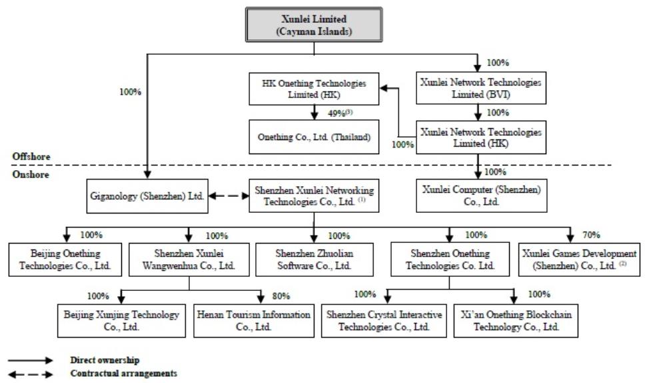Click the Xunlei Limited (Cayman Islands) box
click(314, 25)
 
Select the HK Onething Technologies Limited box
click(314, 89)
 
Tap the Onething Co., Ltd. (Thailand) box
click(314, 137)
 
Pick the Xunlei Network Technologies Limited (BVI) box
click(481, 88)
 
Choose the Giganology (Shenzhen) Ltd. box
click(147, 196)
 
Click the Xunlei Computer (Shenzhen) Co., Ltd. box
click(482, 196)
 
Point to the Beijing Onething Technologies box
click(65, 260)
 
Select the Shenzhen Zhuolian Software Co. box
click(315, 260)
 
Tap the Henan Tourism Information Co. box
click(254, 321)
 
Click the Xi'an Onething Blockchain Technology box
click(516, 321)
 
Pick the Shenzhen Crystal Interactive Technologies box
click(384, 321)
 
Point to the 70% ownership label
click(591, 235)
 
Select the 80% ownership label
click(281, 296)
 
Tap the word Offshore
click(31, 157)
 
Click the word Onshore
click(31, 174)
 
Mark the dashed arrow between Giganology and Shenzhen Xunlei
click(229, 196)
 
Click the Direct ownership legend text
click(105, 360)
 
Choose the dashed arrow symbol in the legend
click(31, 374)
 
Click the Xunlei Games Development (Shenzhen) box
click(579, 260)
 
